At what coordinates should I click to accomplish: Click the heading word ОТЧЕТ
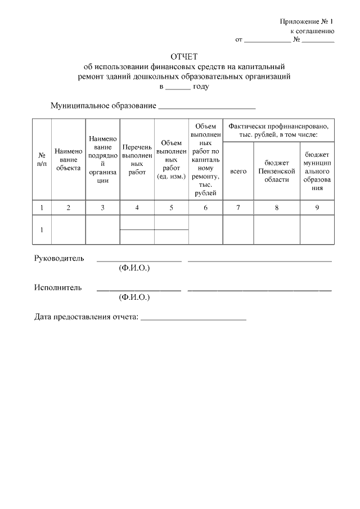click(x=181, y=57)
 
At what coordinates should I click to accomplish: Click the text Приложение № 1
click(x=307, y=21)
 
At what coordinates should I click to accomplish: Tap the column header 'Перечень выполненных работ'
click(x=137, y=159)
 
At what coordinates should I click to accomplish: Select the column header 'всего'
click(x=238, y=171)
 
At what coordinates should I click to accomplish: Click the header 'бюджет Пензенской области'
click(x=277, y=171)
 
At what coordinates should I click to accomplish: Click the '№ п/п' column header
click(x=42, y=159)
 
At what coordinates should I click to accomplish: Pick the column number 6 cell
click(x=206, y=208)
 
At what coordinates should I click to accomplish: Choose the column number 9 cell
click(x=317, y=208)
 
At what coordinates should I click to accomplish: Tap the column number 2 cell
click(x=68, y=208)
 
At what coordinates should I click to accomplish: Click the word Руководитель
click(x=59, y=259)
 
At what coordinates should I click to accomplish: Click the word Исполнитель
click(x=58, y=288)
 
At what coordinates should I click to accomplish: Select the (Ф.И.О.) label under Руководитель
click(x=134, y=268)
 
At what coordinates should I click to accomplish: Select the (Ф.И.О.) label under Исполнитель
click(x=134, y=297)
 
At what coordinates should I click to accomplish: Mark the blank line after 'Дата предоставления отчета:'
click(x=193, y=318)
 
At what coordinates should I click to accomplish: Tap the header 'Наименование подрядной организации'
click(x=102, y=159)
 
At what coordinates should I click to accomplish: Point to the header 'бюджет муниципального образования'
click(x=317, y=171)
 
